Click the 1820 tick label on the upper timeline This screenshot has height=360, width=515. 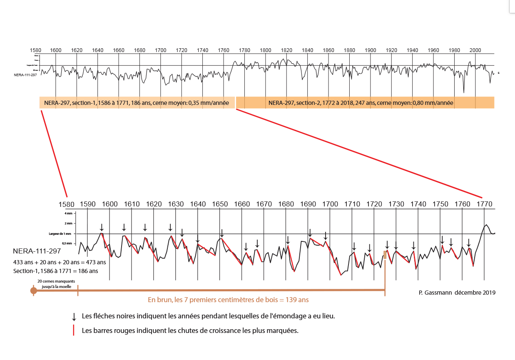coord(286,50)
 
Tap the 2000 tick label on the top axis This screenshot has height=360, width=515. coord(475,50)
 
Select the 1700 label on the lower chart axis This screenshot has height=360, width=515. coord(330,204)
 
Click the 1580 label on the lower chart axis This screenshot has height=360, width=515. coord(67,205)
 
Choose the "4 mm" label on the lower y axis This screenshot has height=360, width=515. coord(68,214)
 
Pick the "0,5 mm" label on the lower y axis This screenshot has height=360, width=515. coord(67,243)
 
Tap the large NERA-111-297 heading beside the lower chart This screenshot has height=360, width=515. coord(37,251)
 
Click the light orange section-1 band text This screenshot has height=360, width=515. coord(137,103)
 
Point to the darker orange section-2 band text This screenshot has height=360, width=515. coord(361,103)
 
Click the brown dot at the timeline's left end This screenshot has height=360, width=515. coord(34,290)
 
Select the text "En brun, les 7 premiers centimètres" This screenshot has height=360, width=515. coord(228,300)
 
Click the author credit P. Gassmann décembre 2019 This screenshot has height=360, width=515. coord(457,293)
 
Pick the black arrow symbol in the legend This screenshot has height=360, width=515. coord(74,316)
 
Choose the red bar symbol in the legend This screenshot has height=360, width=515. coord(74,331)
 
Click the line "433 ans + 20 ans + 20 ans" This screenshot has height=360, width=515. coord(60,263)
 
